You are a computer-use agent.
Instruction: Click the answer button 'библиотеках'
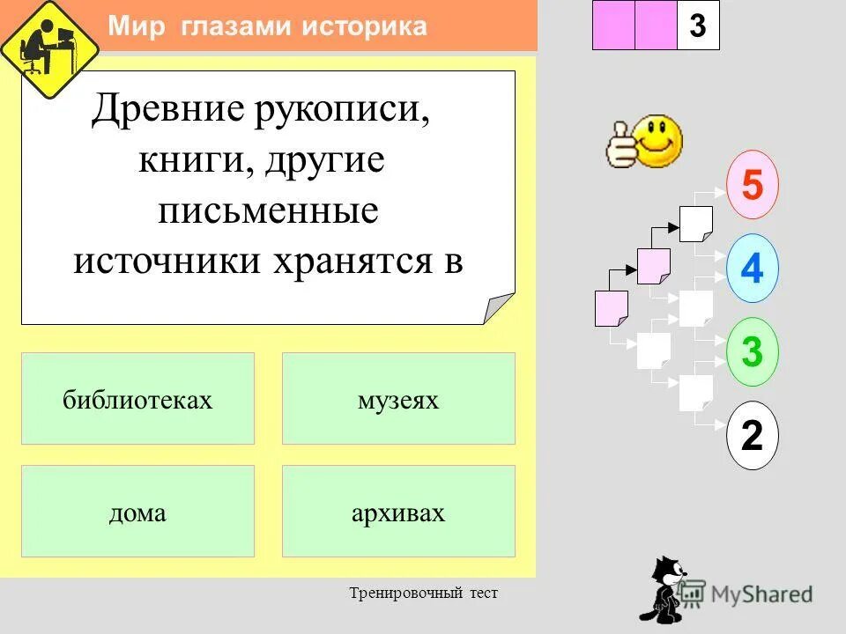tap(137, 399)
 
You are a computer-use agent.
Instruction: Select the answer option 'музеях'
tap(398, 399)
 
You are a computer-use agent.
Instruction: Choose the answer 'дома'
tap(137, 512)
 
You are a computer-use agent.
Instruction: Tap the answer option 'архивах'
tap(398, 512)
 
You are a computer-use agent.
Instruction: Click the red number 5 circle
tap(752, 186)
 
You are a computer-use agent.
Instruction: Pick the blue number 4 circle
tap(752, 268)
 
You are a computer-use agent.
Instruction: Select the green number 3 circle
tap(752, 351)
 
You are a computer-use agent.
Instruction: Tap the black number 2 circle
tap(752, 435)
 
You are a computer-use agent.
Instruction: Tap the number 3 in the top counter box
tap(698, 26)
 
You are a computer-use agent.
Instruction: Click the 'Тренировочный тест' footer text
tap(423, 593)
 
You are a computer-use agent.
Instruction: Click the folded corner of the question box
tap(499, 308)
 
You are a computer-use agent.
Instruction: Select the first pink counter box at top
tap(613, 26)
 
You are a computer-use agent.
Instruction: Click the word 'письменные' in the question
tap(268, 211)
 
